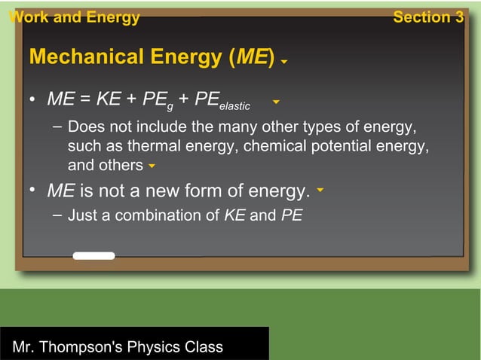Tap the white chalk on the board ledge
[x=93, y=256]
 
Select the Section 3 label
[x=427, y=17]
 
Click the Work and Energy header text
[x=74, y=17]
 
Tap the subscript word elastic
[x=234, y=105]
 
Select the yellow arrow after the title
[x=283, y=62]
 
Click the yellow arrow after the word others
[x=152, y=166]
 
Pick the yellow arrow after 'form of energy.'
[x=320, y=191]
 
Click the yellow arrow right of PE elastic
[x=277, y=101]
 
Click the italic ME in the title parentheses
[x=252, y=57]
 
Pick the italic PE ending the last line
[x=291, y=216]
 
